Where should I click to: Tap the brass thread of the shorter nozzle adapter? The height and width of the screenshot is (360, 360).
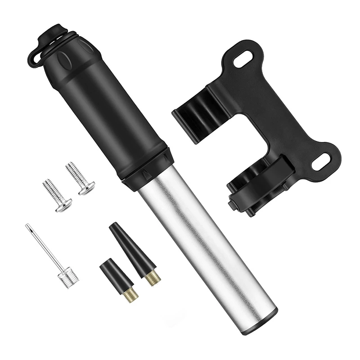pos(130,296)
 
